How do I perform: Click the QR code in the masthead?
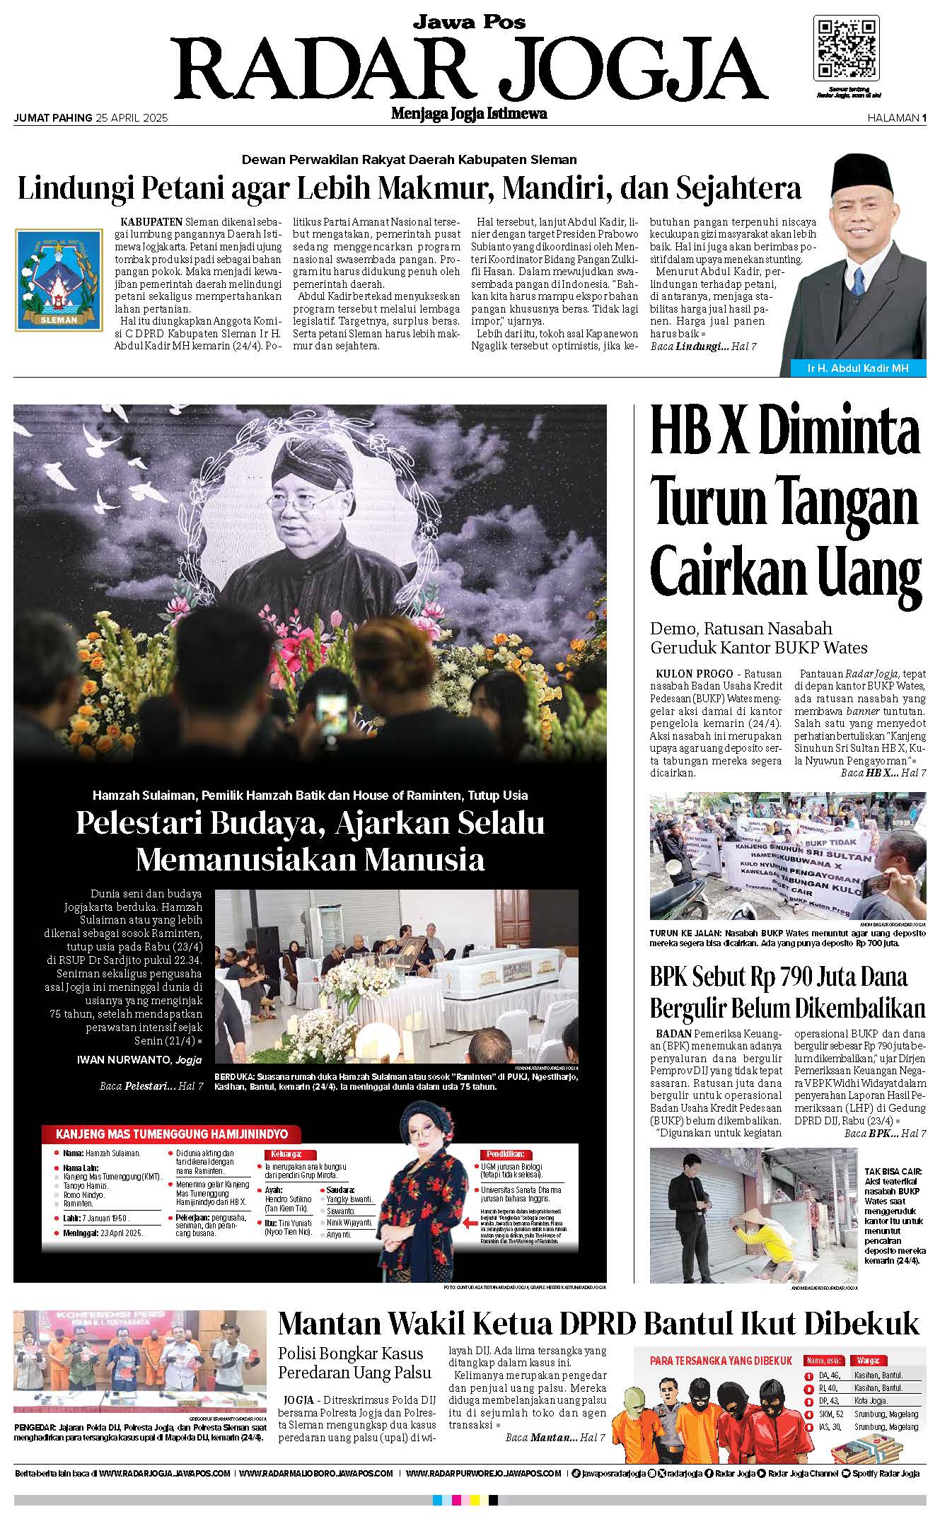(847, 47)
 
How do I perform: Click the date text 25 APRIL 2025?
(132, 119)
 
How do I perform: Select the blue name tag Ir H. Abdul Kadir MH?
(857, 368)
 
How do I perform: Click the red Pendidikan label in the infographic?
(504, 1153)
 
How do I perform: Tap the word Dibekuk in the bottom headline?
(861, 1323)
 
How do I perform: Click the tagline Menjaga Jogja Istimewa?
(469, 114)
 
